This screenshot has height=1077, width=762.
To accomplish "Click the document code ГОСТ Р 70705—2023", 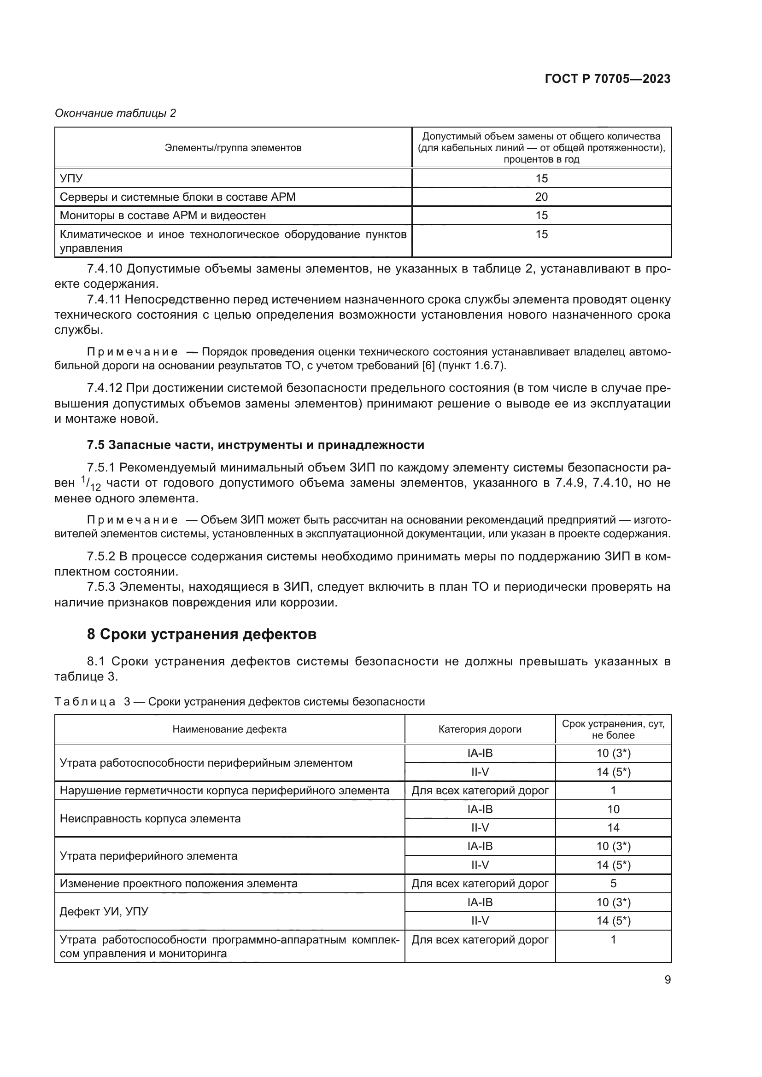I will (607, 79).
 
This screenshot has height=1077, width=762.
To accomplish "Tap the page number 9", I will (667, 979).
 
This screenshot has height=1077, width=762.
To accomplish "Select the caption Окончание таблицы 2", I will (115, 113).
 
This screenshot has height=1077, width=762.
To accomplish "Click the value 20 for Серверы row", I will (541, 197).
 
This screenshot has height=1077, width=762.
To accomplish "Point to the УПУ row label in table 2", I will (71, 179).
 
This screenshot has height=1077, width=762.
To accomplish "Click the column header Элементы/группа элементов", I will (233, 148).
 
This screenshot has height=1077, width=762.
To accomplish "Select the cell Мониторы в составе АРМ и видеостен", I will (162, 216).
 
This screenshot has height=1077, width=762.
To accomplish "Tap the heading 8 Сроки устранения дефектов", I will (201, 634).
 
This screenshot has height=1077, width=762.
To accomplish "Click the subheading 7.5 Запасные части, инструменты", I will (255, 445).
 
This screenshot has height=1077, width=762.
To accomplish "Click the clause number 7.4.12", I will (104, 388).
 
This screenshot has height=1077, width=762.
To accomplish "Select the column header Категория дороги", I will (480, 729).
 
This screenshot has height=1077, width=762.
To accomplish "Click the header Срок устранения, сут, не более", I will (613, 729).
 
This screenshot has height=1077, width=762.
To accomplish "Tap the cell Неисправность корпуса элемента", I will (150, 819).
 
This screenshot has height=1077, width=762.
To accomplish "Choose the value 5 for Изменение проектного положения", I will (613, 884).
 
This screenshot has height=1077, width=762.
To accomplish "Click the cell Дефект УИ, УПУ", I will (104, 911).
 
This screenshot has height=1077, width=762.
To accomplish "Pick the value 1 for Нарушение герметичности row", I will (613, 791).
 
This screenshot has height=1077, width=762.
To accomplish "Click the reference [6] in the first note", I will (428, 366).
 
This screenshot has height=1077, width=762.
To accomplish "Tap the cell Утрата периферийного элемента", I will (148, 856).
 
